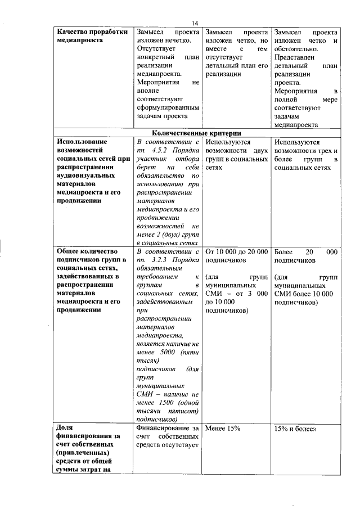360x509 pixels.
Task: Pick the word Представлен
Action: tap(296, 57)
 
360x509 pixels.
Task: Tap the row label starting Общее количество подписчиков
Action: tap(90, 281)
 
